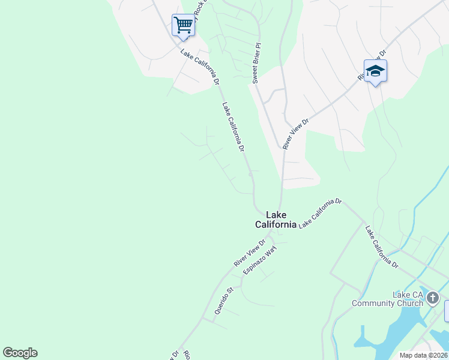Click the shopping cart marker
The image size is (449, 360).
[183, 25]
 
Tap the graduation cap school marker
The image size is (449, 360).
[375, 71]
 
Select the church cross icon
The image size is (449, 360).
[433, 296]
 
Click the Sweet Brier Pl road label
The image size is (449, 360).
[256, 62]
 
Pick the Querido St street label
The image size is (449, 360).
[223, 301]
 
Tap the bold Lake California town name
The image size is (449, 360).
[276, 220]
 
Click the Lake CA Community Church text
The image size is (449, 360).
[387, 299]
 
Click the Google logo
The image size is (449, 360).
[20, 353]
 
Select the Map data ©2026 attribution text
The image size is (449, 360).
[424, 355]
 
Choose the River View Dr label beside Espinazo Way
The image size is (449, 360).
[249, 254]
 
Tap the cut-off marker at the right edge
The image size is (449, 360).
[447, 311]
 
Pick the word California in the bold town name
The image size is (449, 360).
[276, 224]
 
